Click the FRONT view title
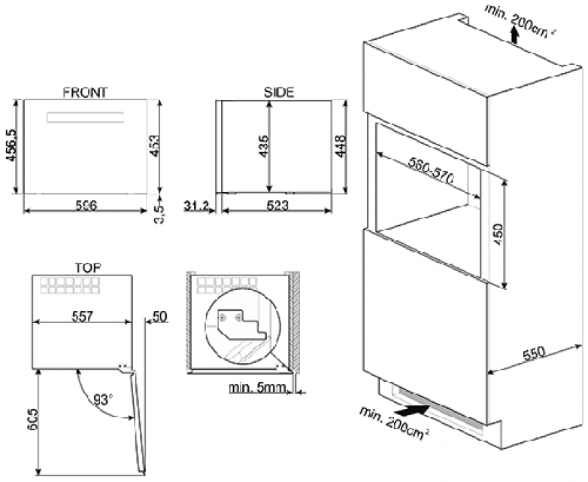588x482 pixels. coord(85,93)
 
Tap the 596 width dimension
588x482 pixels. coord(86,206)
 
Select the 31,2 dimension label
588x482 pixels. coord(196,205)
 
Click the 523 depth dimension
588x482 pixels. coord(279,206)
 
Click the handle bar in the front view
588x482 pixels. coord(84,117)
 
